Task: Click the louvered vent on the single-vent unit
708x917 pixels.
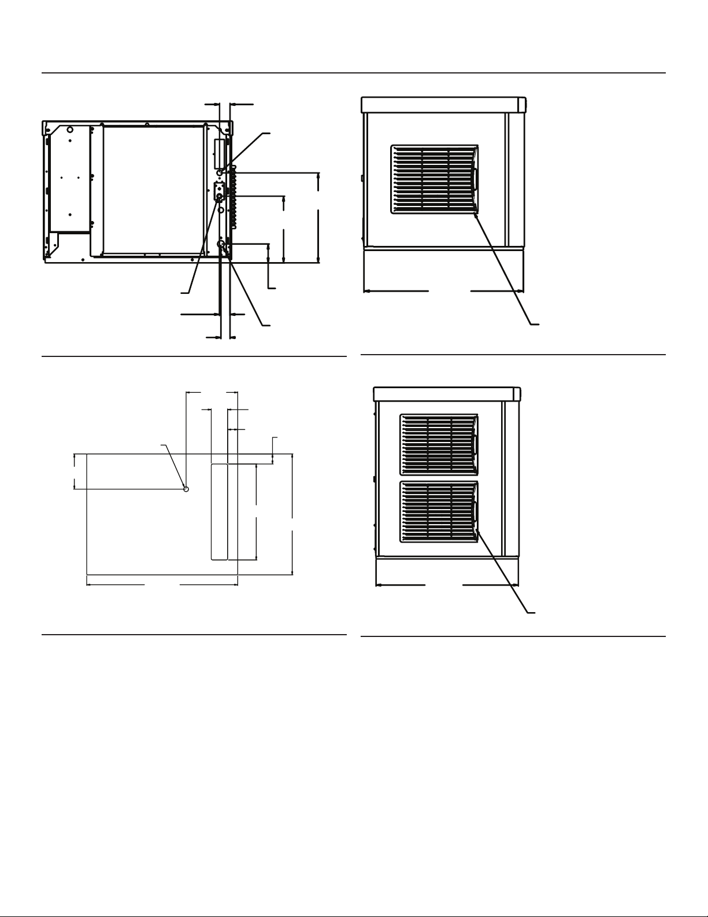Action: pyautogui.click(x=435, y=179)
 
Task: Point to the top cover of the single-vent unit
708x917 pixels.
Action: pyautogui.click(x=439, y=105)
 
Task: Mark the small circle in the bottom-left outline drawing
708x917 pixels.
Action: pyautogui.click(x=186, y=489)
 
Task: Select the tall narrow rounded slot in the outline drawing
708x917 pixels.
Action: pyautogui.click(x=219, y=512)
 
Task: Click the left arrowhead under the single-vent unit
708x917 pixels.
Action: pyautogui.click(x=366, y=291)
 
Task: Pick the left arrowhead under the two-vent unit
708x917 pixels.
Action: pyautogui.click(x=379, y=585)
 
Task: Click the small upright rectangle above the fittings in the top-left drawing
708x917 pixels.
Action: pyautogui.click(x=218, y=150)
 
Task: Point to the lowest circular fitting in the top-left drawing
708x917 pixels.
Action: pyautogui.click(x=221, y=245)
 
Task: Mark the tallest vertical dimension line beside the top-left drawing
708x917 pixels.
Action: pyautogui.click(x=318, y=218)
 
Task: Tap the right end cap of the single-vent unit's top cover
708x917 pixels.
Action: pyautogui.click(x=522, y=105)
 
